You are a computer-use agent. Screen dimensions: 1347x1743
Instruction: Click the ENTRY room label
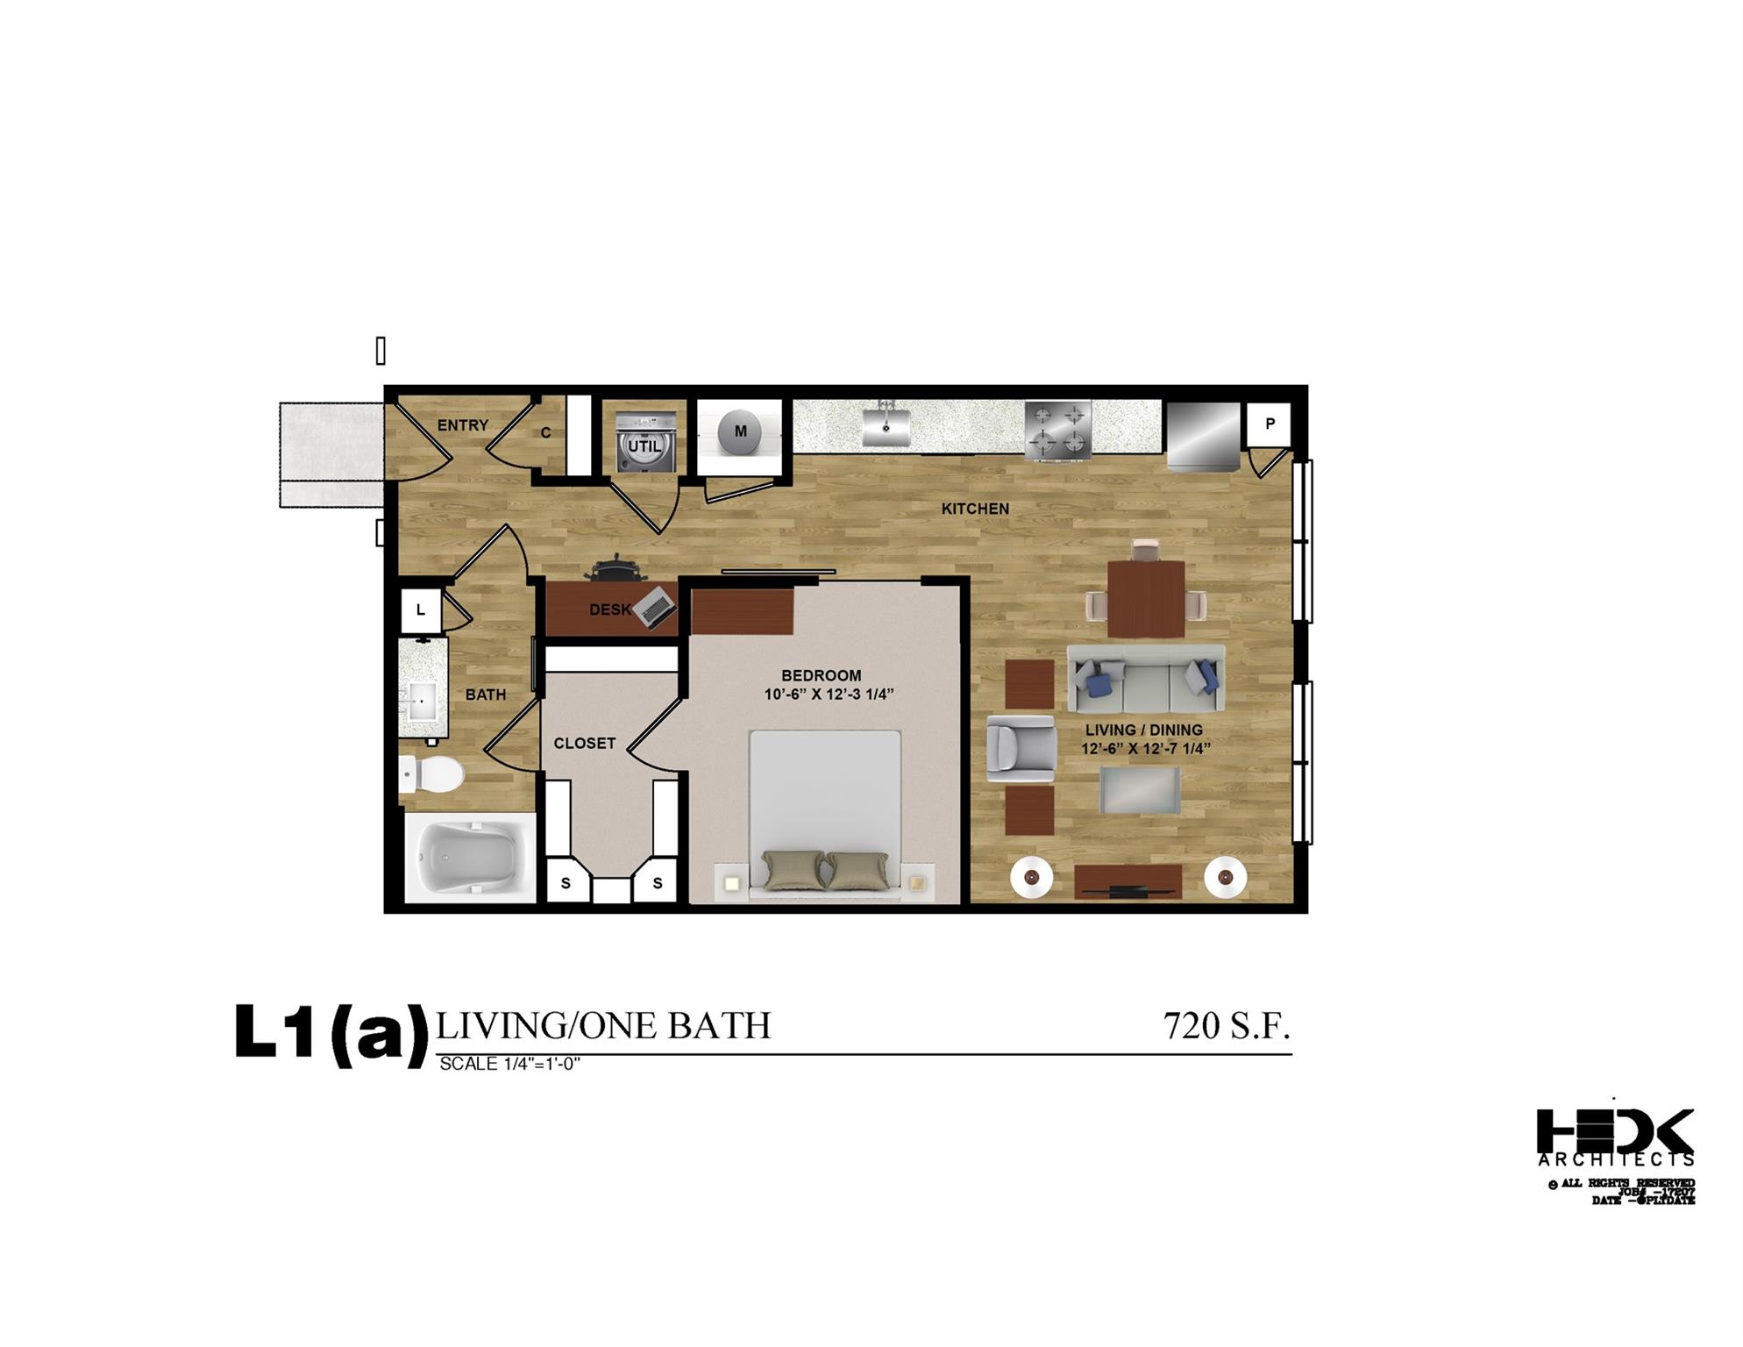(462, 425)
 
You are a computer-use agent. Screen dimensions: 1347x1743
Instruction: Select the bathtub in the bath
(469, 859)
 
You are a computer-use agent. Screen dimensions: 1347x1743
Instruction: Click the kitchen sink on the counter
(886, 425)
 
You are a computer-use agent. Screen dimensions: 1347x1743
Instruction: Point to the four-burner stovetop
(1058, 430)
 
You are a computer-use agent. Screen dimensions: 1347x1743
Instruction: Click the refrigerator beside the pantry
(1204, 436)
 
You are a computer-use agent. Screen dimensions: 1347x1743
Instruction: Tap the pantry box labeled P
(1269, 424)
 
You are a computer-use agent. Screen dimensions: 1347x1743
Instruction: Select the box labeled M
(740, 432)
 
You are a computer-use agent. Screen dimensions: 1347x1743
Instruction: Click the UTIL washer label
(644, 445)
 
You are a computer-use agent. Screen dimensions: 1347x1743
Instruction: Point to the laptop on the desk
(656, 607)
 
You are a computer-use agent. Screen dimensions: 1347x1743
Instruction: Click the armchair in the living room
(1021, 749)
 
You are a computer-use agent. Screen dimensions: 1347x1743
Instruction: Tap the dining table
(1146, 599)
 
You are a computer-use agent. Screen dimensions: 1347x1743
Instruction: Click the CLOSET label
(584, 744)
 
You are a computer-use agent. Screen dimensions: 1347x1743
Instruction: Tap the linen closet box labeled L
(421, 610)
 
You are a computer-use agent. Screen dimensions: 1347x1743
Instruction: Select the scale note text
(509, 1065)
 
